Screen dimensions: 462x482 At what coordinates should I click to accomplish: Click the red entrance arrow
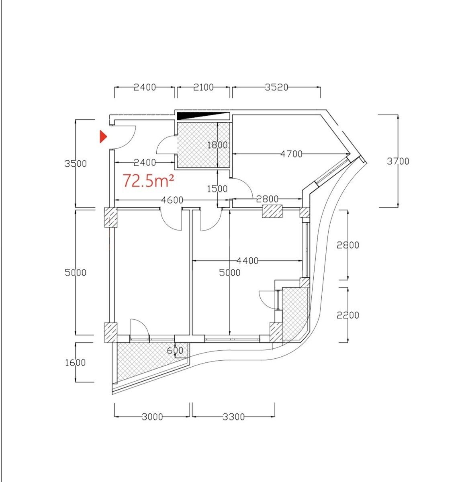pyautogui.click(x=103, y=137)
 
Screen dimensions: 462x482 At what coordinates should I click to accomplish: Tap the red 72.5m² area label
pyautogui.click(x=148, y=180)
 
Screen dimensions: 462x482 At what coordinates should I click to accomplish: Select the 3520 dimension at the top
pyautogui.click(x=276, y=87)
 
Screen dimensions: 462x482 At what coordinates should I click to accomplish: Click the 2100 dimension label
pyautogui.click(x=203, y=87)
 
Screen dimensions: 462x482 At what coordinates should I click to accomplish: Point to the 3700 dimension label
pyautogui.click(x=398, y=161)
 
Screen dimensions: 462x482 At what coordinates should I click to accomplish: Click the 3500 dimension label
pyautogui.click(x=76, y=163)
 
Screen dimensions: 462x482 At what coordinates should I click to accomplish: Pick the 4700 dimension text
pyautogui.click(x=291, y=154)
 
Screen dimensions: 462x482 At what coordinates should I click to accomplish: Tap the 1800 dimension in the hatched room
pyautogui.click(x=217, y=145)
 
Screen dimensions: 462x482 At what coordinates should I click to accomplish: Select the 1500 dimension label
pyautogui.click(x=217, y=189)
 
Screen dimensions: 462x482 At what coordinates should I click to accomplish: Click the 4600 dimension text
pyautogui.click(x=172, y=200)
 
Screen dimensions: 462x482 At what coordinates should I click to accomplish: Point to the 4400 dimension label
pyautogui.click(x=247, y=261)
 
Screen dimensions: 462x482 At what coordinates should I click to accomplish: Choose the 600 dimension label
pyautogui.click(x=175, y=350)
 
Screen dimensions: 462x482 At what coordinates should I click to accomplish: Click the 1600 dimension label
pyautogui.click(x=75, y=363)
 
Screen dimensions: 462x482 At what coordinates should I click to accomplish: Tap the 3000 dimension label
pyautogui.click(x=152, y=417)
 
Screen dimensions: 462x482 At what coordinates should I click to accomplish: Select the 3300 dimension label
pyautogui.click(x=233, y=417)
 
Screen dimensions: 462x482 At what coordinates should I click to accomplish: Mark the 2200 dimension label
pyautogui.click(x=348, y=315)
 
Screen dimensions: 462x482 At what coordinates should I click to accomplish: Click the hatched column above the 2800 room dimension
pyautogui.click(x=272, y=211)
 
